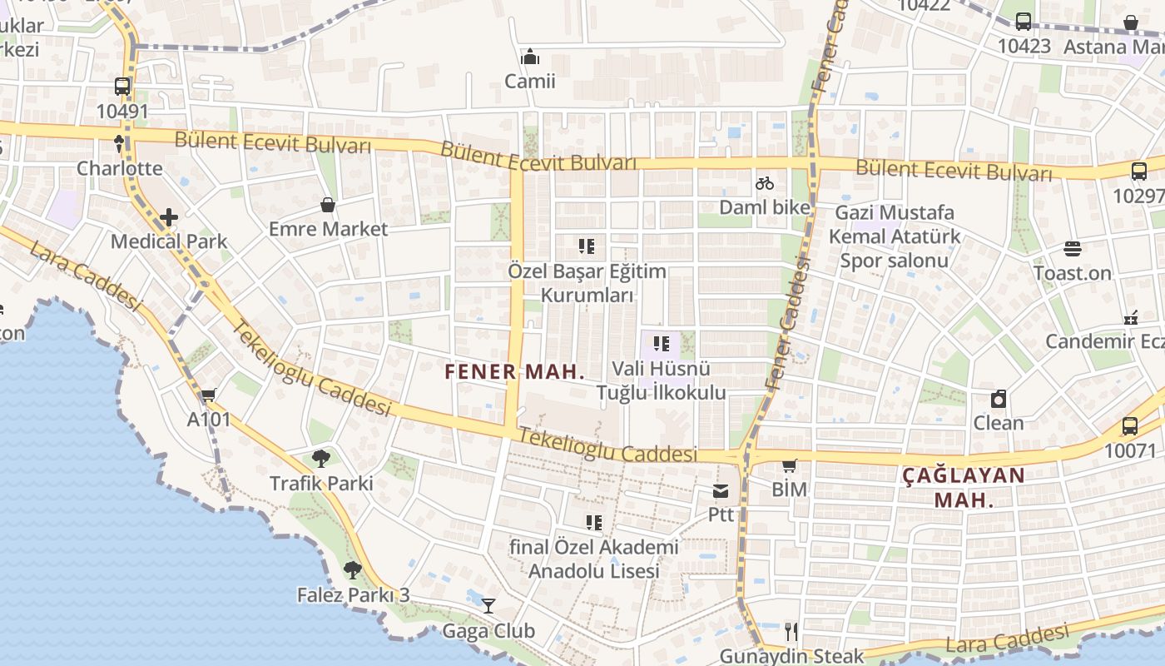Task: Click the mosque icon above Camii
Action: [x=529, y=57]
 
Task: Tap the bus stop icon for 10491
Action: [x=122, y=87]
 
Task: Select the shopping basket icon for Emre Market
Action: [x=328, y=205]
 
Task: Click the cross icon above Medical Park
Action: [x=169, y=217]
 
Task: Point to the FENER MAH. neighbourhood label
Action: [x=515, y=371]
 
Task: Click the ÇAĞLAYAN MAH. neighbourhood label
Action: [x=964, y=487]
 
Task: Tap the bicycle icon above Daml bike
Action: [x=764, y=183]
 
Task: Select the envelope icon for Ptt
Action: [x=720, y=491]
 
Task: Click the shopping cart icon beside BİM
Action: [x=789, y=466]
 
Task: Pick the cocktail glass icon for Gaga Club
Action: [x=488, y=606]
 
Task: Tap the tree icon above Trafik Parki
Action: [x=321, y=459]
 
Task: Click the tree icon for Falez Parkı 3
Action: [x=353, y=570]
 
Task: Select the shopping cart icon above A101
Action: [x=208, y=395]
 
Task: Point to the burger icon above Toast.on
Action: [x=1072, y=249]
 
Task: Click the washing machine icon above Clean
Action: [x=998, y=399]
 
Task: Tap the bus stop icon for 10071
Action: [x=1129, y=426]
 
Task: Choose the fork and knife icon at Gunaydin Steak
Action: [x=791, y=632]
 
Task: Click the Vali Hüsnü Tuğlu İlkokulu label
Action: [x=661, y=380]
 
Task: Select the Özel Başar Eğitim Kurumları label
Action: [x=587, y=283]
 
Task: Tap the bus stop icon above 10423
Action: [x=1024, y=22]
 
